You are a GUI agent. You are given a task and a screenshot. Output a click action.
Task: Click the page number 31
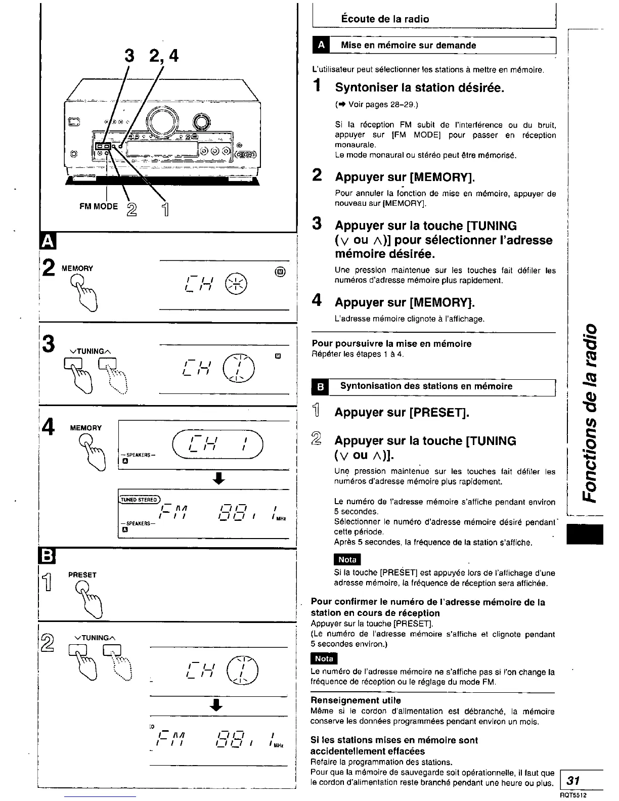click(x=573, y=780)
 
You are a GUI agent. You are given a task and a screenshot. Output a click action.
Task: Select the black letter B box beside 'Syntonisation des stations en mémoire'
click(x=321, y=387)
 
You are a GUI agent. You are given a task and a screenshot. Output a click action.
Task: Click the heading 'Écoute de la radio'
click(x=385, y=19)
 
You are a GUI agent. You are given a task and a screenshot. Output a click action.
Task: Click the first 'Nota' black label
click(x=347, y=560)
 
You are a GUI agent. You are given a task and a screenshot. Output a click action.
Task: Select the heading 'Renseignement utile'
click(x=356, y=700)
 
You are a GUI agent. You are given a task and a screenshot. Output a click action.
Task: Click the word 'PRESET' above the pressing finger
click(x=82, y=575)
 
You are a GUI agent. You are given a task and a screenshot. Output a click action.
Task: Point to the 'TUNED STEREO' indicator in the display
click(x=139, y=500)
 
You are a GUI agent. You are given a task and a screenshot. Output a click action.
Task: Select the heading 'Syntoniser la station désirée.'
click(x=420, y=88)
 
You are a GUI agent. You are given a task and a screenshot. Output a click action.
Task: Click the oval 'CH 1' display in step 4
click(x=218, y=445)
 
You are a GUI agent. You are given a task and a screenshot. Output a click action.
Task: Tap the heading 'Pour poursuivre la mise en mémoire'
click(x=391, y=344)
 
